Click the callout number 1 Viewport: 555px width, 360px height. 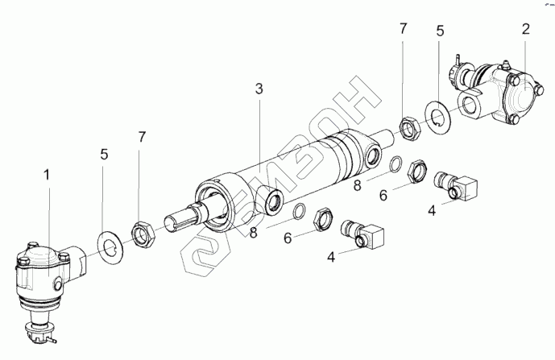pyautogui.click(x=46, y=173)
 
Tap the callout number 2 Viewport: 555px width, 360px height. pyautogui.click(x=525, y=30)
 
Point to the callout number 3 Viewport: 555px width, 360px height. pyautogui.click(x=259, y=89)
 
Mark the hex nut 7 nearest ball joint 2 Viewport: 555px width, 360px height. pyautogui.click(x=408, y=126)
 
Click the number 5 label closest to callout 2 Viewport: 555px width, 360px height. pyautogui.click(x=440, y=33)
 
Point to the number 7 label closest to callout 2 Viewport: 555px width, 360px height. pyautogui.click(x=403, y=31)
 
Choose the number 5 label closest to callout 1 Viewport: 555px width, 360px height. pyautogui.click(x=103, y=153)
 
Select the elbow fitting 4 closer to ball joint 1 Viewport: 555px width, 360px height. pyautogui.click(x=362, y=234)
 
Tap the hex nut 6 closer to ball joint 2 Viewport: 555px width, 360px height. pyautogui.click(x=417, y=172)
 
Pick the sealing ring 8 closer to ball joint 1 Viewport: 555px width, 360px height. pyautogui.click(x=297, y=211)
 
